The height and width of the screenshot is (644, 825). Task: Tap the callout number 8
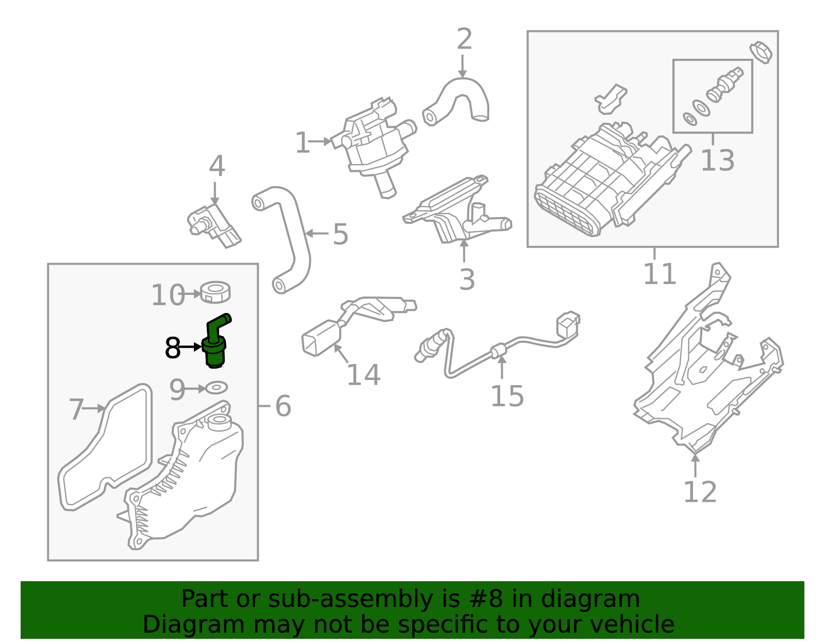(x=173, y=349)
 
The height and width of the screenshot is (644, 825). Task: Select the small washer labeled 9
(x=217, y=387)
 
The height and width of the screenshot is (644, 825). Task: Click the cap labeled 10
(x=216, y=292)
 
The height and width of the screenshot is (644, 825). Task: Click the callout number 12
(x=700, y=492)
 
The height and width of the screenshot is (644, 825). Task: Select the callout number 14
(x=363, y=375)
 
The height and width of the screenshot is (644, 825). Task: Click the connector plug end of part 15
(x=567, y=325)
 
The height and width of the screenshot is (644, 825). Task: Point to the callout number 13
(x=717, y=160)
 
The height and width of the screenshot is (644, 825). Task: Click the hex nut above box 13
(x=761, y=52)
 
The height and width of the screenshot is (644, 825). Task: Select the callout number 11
(x=659, y=274)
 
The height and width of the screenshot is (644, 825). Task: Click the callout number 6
(x=283, y=406)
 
